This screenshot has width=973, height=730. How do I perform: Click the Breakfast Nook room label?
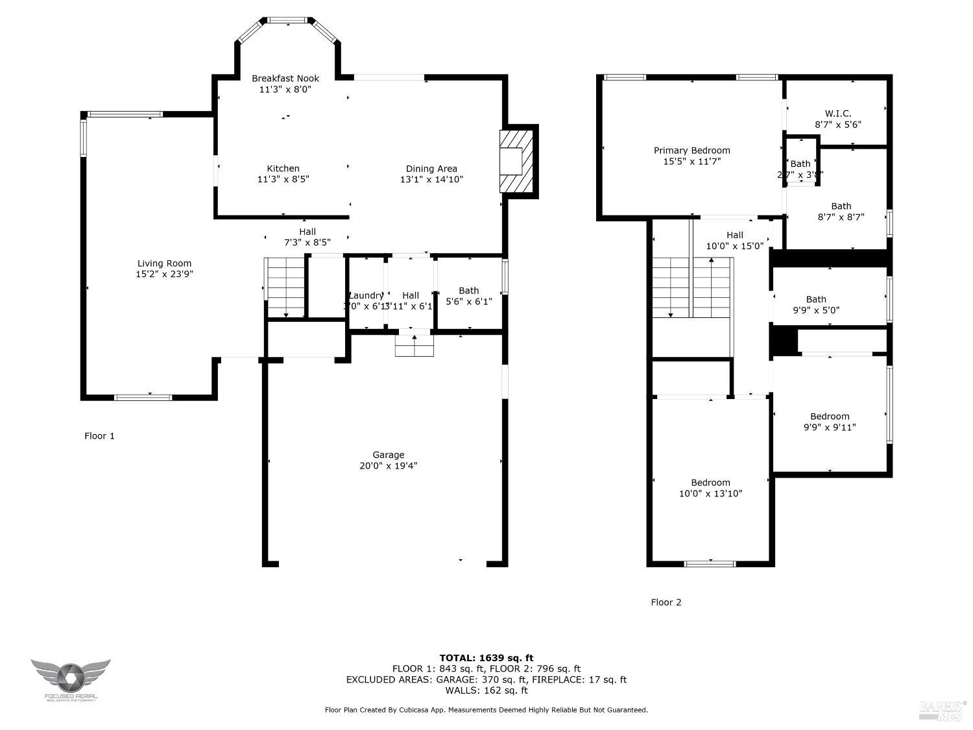tap(285, 79)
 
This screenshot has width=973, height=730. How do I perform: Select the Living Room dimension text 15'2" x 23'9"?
tap(164, 274)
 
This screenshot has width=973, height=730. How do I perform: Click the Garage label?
tap(388, 455)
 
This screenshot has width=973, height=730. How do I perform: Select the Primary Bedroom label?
tap(691, 151)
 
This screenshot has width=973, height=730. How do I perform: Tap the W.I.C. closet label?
tap(837, 114)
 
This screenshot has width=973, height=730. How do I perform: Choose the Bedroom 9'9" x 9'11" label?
tap(829, 417)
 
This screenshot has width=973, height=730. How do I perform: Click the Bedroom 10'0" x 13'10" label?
tap(710, 483)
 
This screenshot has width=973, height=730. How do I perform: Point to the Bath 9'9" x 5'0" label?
tap(816, 299)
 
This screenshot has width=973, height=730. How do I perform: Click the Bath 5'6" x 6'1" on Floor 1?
tap(468, 291)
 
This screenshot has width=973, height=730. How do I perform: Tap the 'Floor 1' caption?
tap(99, 436)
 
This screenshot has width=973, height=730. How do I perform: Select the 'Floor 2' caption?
tap(666, 602)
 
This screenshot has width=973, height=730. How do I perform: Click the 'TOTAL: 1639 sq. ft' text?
tap(486, 658)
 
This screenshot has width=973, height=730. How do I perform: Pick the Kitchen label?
tap(283, 169)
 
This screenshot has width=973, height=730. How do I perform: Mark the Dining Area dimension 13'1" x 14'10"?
tap(431, 180)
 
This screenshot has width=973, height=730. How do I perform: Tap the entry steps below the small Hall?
tap(414, 345)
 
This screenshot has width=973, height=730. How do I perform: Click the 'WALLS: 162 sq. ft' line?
tap(486, 690)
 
